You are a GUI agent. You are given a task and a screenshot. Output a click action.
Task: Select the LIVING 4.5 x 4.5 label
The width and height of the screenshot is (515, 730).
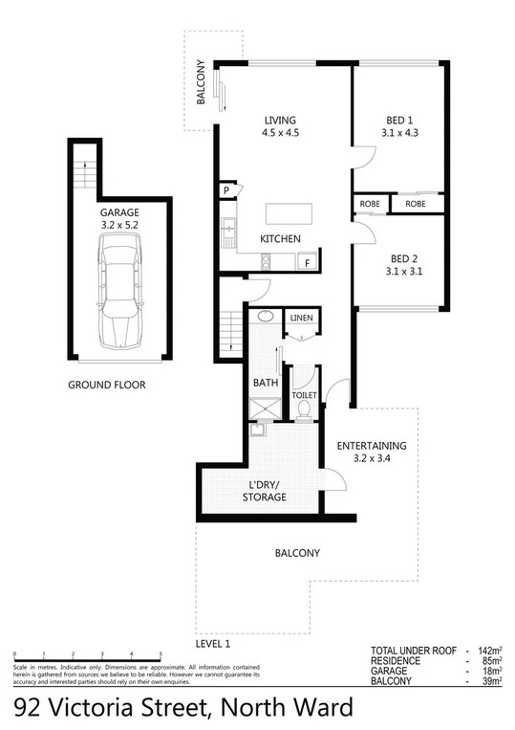pyautogui.click(x=282, y=126)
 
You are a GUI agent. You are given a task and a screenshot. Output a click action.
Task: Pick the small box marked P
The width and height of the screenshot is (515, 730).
pyautogui.click(x=226, y=190)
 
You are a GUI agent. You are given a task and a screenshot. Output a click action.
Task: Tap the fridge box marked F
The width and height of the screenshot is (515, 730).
pyautogui.click(x=308, y=261)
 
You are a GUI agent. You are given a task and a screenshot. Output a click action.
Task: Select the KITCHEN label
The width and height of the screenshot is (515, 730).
pyautogui.click(x=281, y=238)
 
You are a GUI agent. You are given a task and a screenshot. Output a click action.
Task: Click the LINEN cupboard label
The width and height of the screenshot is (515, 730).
pyautogui.click(x=302, y=317)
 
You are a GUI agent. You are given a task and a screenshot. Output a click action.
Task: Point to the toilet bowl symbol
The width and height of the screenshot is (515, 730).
pyautogui.click(x=305, y=409)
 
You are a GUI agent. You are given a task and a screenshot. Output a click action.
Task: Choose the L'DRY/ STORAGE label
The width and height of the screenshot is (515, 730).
pyautogui.click(x=264, y=491)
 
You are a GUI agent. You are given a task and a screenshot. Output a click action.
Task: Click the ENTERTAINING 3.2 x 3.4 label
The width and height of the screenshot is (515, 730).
pyautogui.click(x=372, y=452)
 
